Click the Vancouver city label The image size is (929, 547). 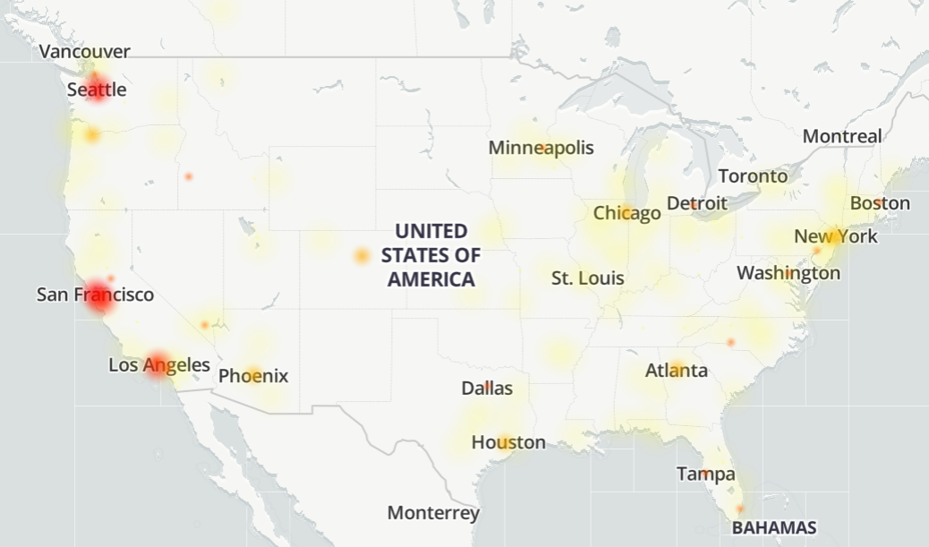(85, 52)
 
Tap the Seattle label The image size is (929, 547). (97, 90)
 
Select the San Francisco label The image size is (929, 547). (95, 295)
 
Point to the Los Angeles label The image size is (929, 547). (159, 365)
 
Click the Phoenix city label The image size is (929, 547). (253, 376)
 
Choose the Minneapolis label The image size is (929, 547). (541, 148)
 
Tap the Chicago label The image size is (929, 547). (626, 213)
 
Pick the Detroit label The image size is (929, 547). (697, 203)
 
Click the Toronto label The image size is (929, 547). (753, 176)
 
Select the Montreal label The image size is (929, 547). (841, 136)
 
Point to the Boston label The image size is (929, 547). (880, 203)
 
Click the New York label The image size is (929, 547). (836, 237)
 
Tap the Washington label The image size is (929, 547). (788, 273)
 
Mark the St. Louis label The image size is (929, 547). (587, 278)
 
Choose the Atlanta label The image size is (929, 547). (677, 371)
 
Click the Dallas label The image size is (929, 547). (487, 389)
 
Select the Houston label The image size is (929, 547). (508, 442)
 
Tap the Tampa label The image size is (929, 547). (706, 474)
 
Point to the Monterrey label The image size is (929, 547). (433, 514)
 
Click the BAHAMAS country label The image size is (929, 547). (774, 528)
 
